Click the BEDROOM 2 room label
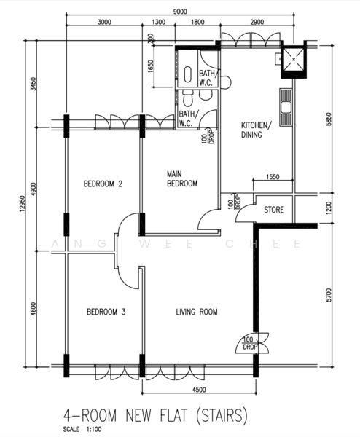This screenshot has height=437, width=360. click(103, 184)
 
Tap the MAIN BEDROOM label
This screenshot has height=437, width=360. click(182, 179)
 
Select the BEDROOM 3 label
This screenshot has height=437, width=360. click(106, 312)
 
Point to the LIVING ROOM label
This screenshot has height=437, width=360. click(197, 312)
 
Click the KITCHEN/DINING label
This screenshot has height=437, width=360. click(256, 130)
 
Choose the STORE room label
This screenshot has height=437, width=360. click(274, 210)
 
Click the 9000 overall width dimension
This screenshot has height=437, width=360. click(180, 12)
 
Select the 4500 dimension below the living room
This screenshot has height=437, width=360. click(199, 390)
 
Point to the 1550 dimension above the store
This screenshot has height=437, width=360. click(273, 177)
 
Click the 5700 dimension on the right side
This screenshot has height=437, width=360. click(329, 295)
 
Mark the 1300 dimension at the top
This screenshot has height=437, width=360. click(158, 22)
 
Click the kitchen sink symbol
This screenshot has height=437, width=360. click(286, 107)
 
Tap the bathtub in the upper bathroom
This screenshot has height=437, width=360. click(188, 74)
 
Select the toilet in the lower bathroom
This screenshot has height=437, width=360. click(188, 98)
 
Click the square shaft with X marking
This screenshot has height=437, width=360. click(294, 60)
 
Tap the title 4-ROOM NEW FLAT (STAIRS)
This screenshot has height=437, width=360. click(155, 416)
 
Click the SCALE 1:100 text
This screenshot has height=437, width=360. click(82, 429)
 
